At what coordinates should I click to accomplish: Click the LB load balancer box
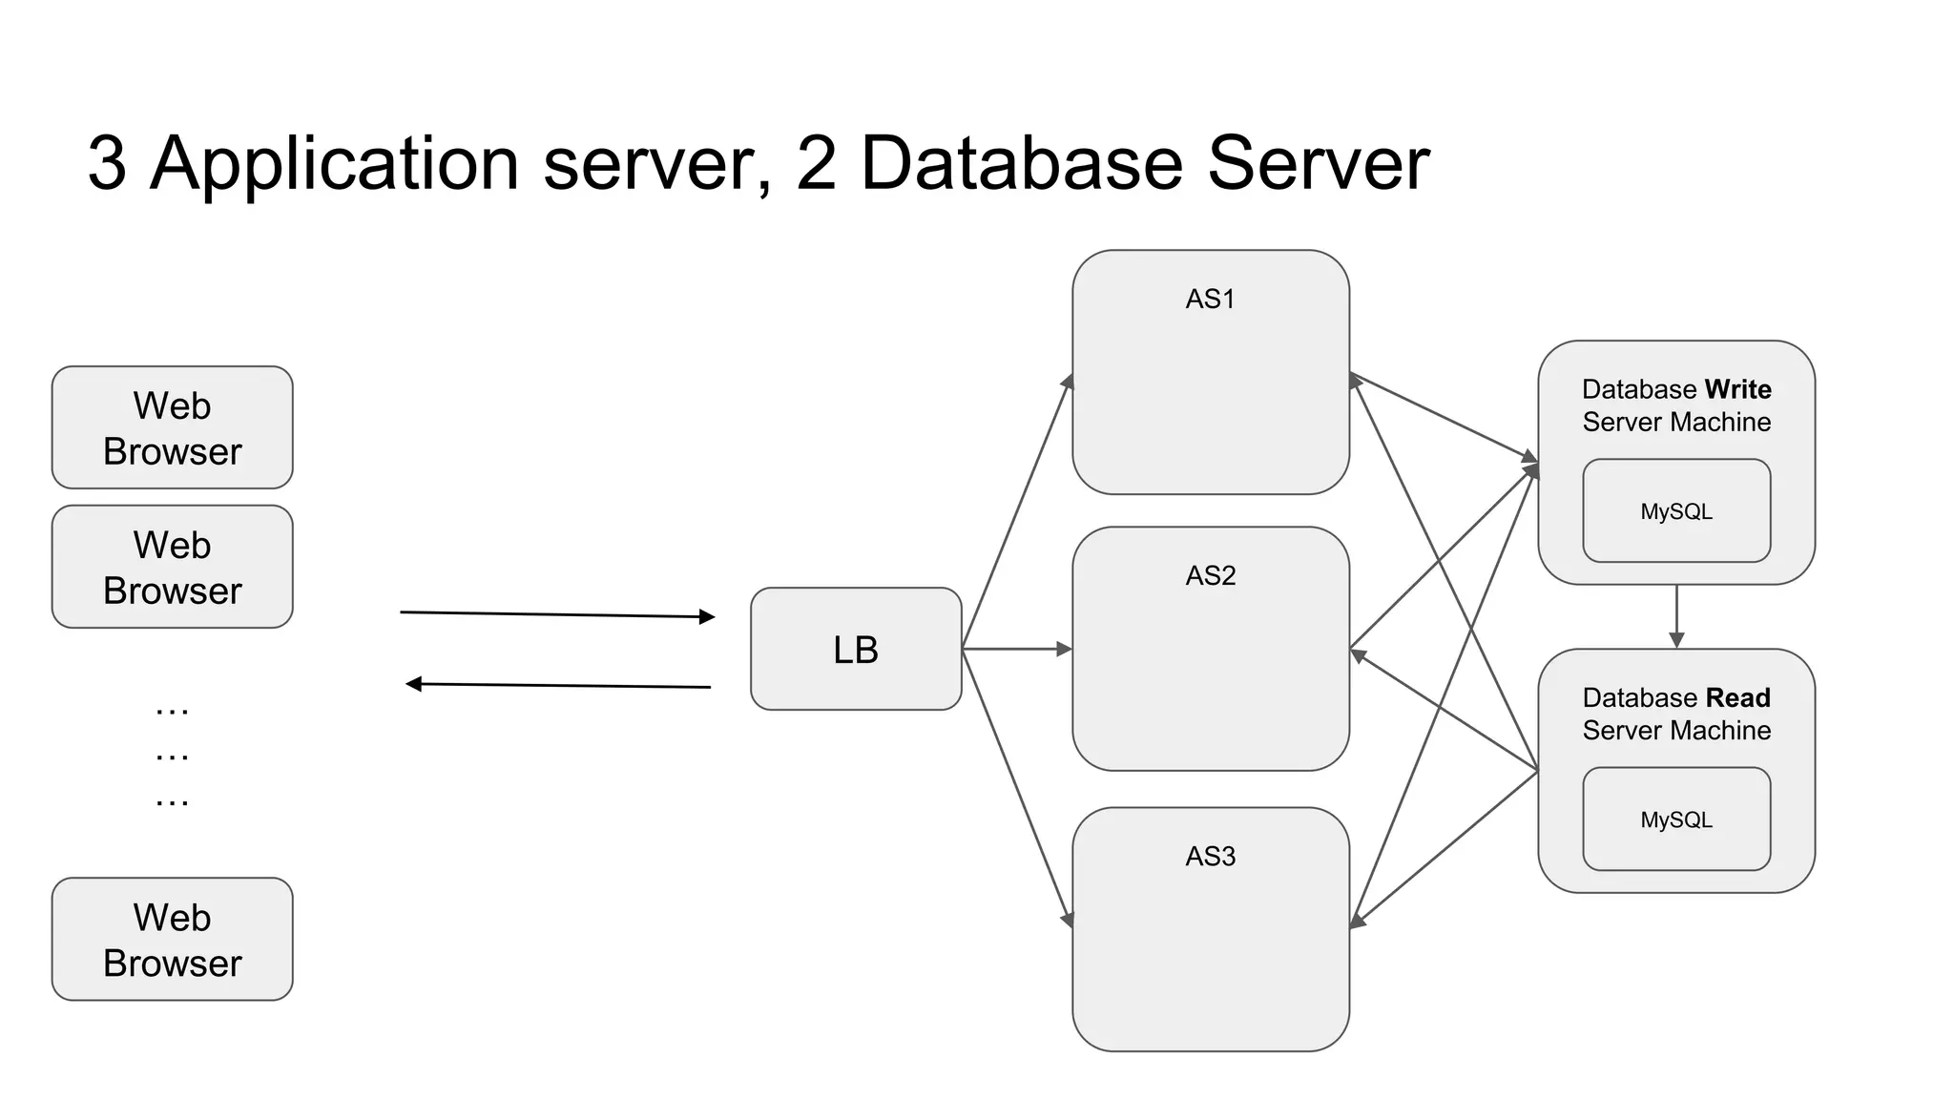[x=856, y=649]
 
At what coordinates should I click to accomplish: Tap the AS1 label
[x=1210, y=300]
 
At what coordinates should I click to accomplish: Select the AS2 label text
[x=1210, y=576]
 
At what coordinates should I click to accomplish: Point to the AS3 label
[x=1210, y=857]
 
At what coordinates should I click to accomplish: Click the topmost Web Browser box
[x=172, y=427]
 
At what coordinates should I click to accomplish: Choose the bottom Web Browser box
[x=172, y=940]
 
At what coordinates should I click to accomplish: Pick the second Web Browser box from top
[x=172, y=567]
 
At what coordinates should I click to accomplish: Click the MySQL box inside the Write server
[x=1676, y=511]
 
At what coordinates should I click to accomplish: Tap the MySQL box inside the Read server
[x=1676, y=819]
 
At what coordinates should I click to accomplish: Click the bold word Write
[x=1737, y=389]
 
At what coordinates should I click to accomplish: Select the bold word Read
[x=1737, y=697]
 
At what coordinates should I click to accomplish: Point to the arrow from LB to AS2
[x=1017, y=649]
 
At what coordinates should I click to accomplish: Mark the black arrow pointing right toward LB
[x=557, y=614]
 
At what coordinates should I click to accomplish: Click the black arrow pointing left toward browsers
[x=557, y=685]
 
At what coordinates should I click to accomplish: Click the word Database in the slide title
[x=1021, y=163]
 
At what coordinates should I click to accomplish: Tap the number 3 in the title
[x=107, y=163]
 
